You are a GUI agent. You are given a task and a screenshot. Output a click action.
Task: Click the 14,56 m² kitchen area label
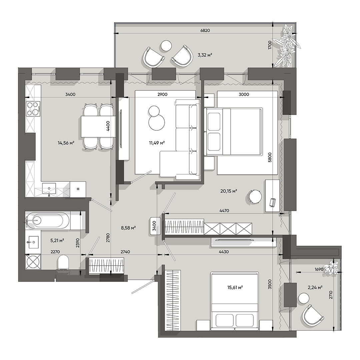66,143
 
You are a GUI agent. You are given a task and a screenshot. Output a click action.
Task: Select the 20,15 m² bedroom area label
229,191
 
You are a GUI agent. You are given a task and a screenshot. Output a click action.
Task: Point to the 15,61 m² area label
235,287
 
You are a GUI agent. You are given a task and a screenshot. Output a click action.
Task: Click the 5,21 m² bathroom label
57,240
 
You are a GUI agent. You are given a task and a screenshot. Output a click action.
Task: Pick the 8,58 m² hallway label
128,228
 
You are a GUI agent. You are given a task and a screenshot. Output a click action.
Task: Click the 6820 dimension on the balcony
205,30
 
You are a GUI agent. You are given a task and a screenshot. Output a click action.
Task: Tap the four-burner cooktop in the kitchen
33,108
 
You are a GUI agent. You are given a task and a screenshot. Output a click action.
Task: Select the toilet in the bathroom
63,262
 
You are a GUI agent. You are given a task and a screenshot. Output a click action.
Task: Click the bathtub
48,220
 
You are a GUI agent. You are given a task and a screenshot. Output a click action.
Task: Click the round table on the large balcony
166,45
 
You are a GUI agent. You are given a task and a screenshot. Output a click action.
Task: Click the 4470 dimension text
224,211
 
